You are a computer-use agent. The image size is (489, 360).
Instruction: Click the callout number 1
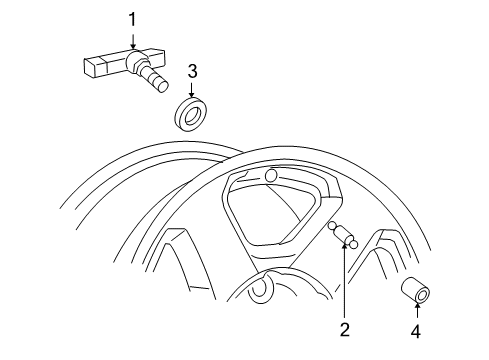(131, 19)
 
